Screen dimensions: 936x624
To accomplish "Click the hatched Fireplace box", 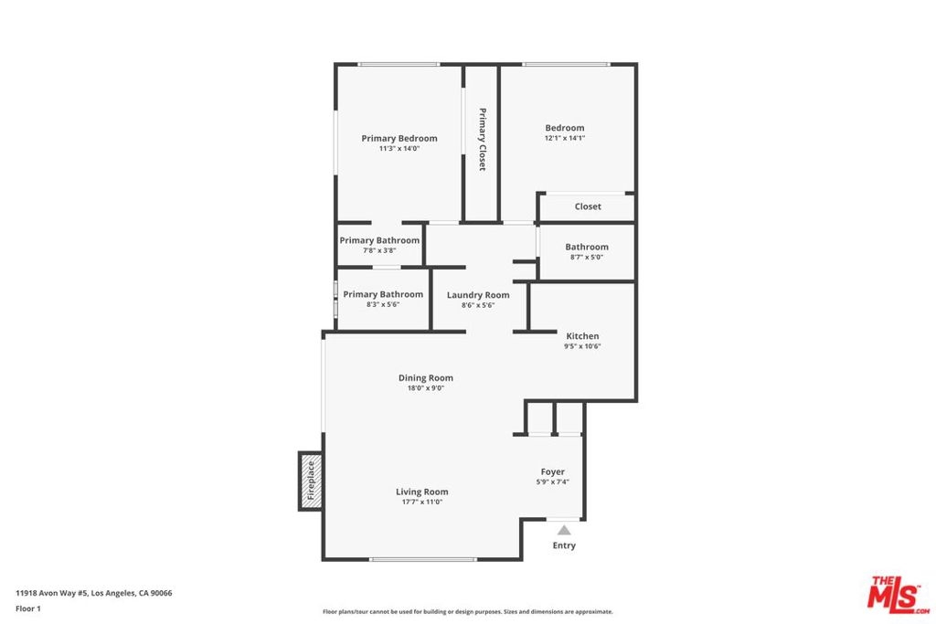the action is [311, 481].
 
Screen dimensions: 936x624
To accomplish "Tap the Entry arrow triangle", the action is [564, 530].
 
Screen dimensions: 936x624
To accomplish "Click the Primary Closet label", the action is [483, 139].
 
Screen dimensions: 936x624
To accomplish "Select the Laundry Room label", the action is [478, 295].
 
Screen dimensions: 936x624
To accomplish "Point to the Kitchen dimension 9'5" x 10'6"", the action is [582, 346].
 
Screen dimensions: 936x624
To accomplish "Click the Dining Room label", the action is [426, 377].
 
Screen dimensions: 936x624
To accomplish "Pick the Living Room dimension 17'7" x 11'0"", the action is [422, 502].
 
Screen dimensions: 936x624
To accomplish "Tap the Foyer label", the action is [553, 471].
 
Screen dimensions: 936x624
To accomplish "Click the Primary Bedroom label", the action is [399, 138].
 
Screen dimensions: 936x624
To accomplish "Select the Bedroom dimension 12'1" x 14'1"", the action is [565, 138].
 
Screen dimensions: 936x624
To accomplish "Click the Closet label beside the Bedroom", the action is [588, 206].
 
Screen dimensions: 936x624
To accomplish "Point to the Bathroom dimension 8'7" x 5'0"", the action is [587, 257].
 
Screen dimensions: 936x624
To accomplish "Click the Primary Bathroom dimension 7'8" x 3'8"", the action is [379, 250].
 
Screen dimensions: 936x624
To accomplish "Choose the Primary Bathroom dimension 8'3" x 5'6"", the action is [383, 304].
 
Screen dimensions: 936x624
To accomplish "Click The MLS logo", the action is [898, 594].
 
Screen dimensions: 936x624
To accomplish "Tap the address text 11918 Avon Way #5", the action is [52, 593].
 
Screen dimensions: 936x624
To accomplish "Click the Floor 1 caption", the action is [28, 608].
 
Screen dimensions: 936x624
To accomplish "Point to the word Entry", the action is [564, 545].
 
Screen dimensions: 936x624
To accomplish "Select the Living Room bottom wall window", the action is [422, 559].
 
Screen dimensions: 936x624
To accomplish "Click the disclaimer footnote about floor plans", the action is [468, 611].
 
